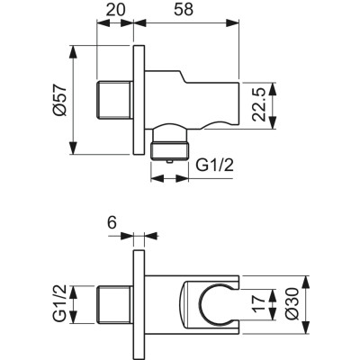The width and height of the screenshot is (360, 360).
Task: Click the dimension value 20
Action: pyautogui.click(x=114, y=12)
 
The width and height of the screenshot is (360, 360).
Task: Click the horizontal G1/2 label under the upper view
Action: pyautogui.click(x=215, y=165)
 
